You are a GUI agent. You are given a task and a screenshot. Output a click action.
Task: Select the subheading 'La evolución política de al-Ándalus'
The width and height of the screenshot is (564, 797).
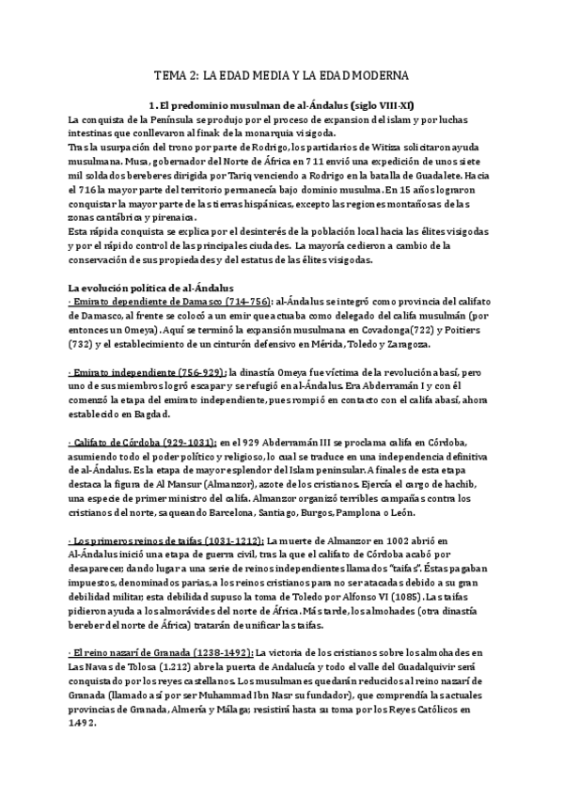click(x=144, y=286)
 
